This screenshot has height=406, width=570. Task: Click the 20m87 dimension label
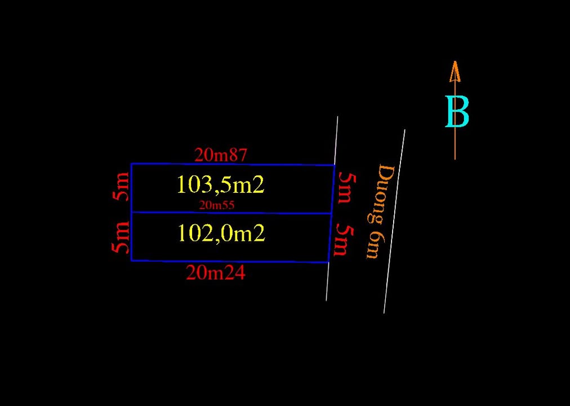pos(220,155)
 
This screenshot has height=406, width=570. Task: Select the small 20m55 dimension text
pos(216,205)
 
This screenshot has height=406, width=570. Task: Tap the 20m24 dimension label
pos(215,273)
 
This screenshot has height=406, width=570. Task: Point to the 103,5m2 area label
pos(220,184)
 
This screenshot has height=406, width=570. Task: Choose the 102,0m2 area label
pos(221,233)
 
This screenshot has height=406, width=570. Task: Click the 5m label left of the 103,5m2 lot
pos(122,187)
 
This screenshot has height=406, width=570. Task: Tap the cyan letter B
pos(457,112)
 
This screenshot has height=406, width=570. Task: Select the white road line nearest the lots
pos(332,209)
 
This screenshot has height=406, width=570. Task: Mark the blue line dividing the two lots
pos(231,213)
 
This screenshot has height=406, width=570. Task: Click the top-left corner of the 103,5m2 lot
pos(131,164)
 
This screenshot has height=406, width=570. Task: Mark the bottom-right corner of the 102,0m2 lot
pos(328,262)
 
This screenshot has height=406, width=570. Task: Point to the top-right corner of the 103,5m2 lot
pos(335,165)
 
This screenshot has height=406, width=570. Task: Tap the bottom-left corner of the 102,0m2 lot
pos(131,261)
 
